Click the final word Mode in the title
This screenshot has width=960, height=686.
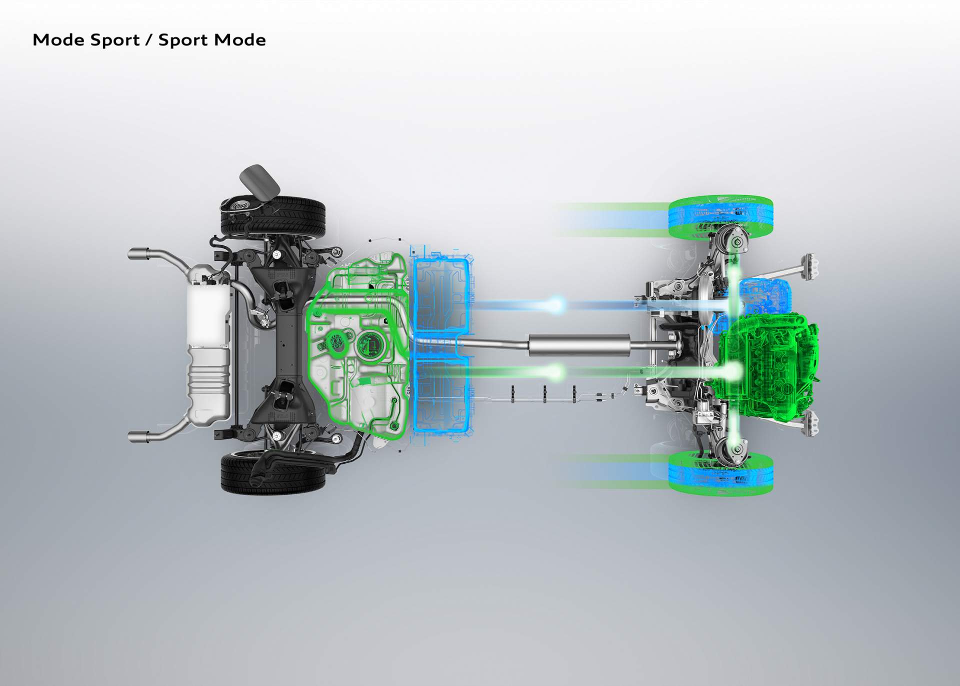[x=238, y=40]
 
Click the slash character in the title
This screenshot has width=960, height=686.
[x=149, y=40]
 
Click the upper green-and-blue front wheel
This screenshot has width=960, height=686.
[x=720, y=217]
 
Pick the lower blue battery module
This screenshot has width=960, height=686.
[x=442, y=395]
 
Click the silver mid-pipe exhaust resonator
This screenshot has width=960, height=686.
[x=579, y=345]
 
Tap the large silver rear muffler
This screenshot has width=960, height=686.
[x=208, y=345]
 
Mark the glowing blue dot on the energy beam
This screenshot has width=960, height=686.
[x=556, y=304]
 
